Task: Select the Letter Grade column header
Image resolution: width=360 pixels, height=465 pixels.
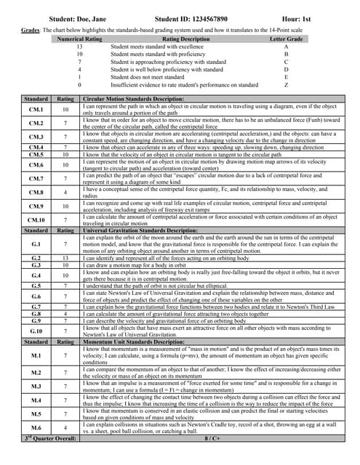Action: tap(286, 39)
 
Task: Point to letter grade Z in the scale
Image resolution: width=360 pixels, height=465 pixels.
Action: tap(286, 85)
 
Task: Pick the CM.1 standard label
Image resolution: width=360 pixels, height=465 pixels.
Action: tap(36, 110)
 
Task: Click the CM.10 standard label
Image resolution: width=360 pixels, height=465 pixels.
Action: tap(36, 219)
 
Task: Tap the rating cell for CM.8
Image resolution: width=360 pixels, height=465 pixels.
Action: tap(65, 193)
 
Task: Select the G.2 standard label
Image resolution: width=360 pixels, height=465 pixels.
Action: tap(36, 258)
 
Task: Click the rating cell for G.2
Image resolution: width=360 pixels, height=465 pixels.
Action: tap(65, 258)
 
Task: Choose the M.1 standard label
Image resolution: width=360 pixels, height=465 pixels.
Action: tap(36, 355)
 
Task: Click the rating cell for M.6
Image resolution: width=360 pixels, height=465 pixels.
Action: tap(65, 428)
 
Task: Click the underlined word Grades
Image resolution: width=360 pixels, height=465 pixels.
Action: tap(29, 31)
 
